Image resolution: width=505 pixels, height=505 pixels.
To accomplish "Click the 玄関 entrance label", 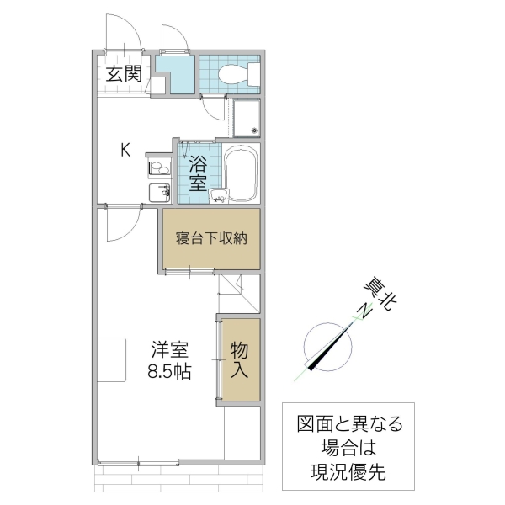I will (x=123, y=73).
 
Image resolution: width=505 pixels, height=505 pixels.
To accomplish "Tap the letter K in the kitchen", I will (x=125, y=151).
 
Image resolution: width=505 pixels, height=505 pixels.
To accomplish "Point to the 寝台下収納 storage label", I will (x=210, y=237).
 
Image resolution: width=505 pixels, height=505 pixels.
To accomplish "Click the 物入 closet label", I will (x=238, y=359).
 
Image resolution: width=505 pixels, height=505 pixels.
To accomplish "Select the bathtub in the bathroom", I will (x=242, y=174).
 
